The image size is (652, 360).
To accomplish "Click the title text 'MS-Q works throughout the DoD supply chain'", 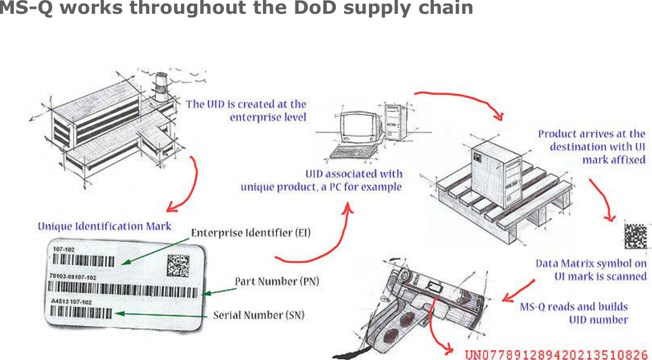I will (237, 8).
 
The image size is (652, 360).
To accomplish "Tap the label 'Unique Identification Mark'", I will (105, 226).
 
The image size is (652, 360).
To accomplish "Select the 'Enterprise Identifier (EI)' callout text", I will (251, 233).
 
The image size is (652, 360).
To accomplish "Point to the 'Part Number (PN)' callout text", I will (277, 282).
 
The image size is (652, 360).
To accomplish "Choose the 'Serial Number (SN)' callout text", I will (258, 315).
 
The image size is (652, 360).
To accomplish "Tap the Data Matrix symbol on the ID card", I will (178, 265).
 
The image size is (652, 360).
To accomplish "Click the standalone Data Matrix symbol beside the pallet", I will (636, 236).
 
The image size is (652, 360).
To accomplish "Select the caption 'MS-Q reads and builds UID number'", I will (575, 313).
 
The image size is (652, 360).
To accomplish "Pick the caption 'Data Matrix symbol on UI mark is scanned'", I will (591, 270).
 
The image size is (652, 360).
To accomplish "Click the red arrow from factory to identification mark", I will (187, 187).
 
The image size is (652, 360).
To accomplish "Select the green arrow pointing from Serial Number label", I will (163, 314).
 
